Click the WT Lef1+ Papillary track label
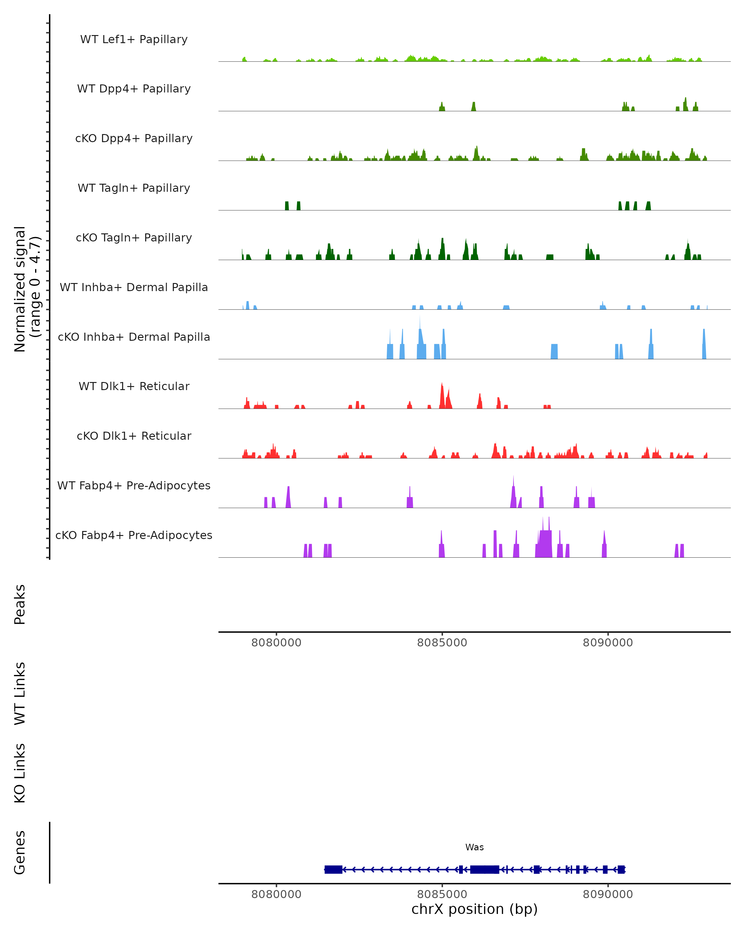tap(134, 39)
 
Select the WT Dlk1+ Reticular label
tap(134, 386)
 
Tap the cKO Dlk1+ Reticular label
tap(134, 436)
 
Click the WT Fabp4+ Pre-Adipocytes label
tap(134, 485)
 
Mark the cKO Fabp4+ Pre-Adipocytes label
tap(134, 535)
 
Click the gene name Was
tap(474, 847)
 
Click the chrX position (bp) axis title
tap(474, 909)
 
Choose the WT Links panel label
tap(20, 693)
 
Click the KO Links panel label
tap(20, 773)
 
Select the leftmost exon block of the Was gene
tap(333, 869)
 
